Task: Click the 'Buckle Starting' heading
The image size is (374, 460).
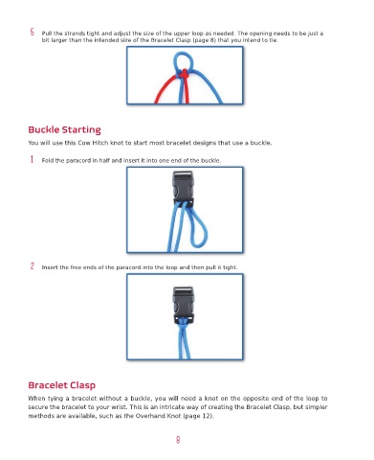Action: [64, 129]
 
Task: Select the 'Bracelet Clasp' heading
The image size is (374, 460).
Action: [62, 385]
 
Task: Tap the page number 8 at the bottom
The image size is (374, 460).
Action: [178, 440]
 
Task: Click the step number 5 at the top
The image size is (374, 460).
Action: [33, 32]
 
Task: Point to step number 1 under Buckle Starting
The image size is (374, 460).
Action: [32, 159]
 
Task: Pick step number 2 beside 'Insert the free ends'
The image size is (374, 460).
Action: [33, 265]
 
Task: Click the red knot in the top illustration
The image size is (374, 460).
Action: [184, 75]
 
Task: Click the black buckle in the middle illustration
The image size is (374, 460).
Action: [183, 189]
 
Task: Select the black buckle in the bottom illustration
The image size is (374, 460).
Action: [183, 305]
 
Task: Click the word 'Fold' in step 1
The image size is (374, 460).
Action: [48, 160]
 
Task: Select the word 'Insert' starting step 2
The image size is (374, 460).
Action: [50, 267]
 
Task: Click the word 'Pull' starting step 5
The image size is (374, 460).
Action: [47, 34]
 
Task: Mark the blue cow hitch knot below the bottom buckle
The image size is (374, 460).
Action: [183, 323]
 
